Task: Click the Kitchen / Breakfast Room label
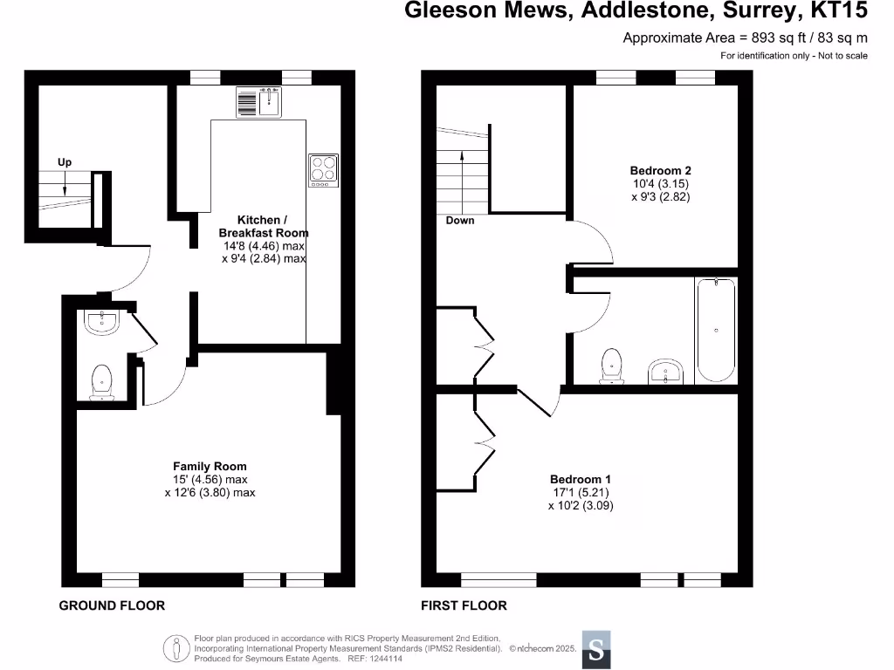point(263,227)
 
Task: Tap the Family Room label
point(210,467)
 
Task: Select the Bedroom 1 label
point(581,479)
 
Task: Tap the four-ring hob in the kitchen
point(323,170)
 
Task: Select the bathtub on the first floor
point(716,330)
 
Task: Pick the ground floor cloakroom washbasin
point(102,323)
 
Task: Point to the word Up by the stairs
point(65,163)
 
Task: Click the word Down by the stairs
point(460,221)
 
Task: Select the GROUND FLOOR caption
point(112,605)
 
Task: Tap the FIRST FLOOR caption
point(464,605)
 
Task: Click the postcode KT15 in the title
point(838,11)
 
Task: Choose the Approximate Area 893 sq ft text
point(745,38)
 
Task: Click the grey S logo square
point(596,650)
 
